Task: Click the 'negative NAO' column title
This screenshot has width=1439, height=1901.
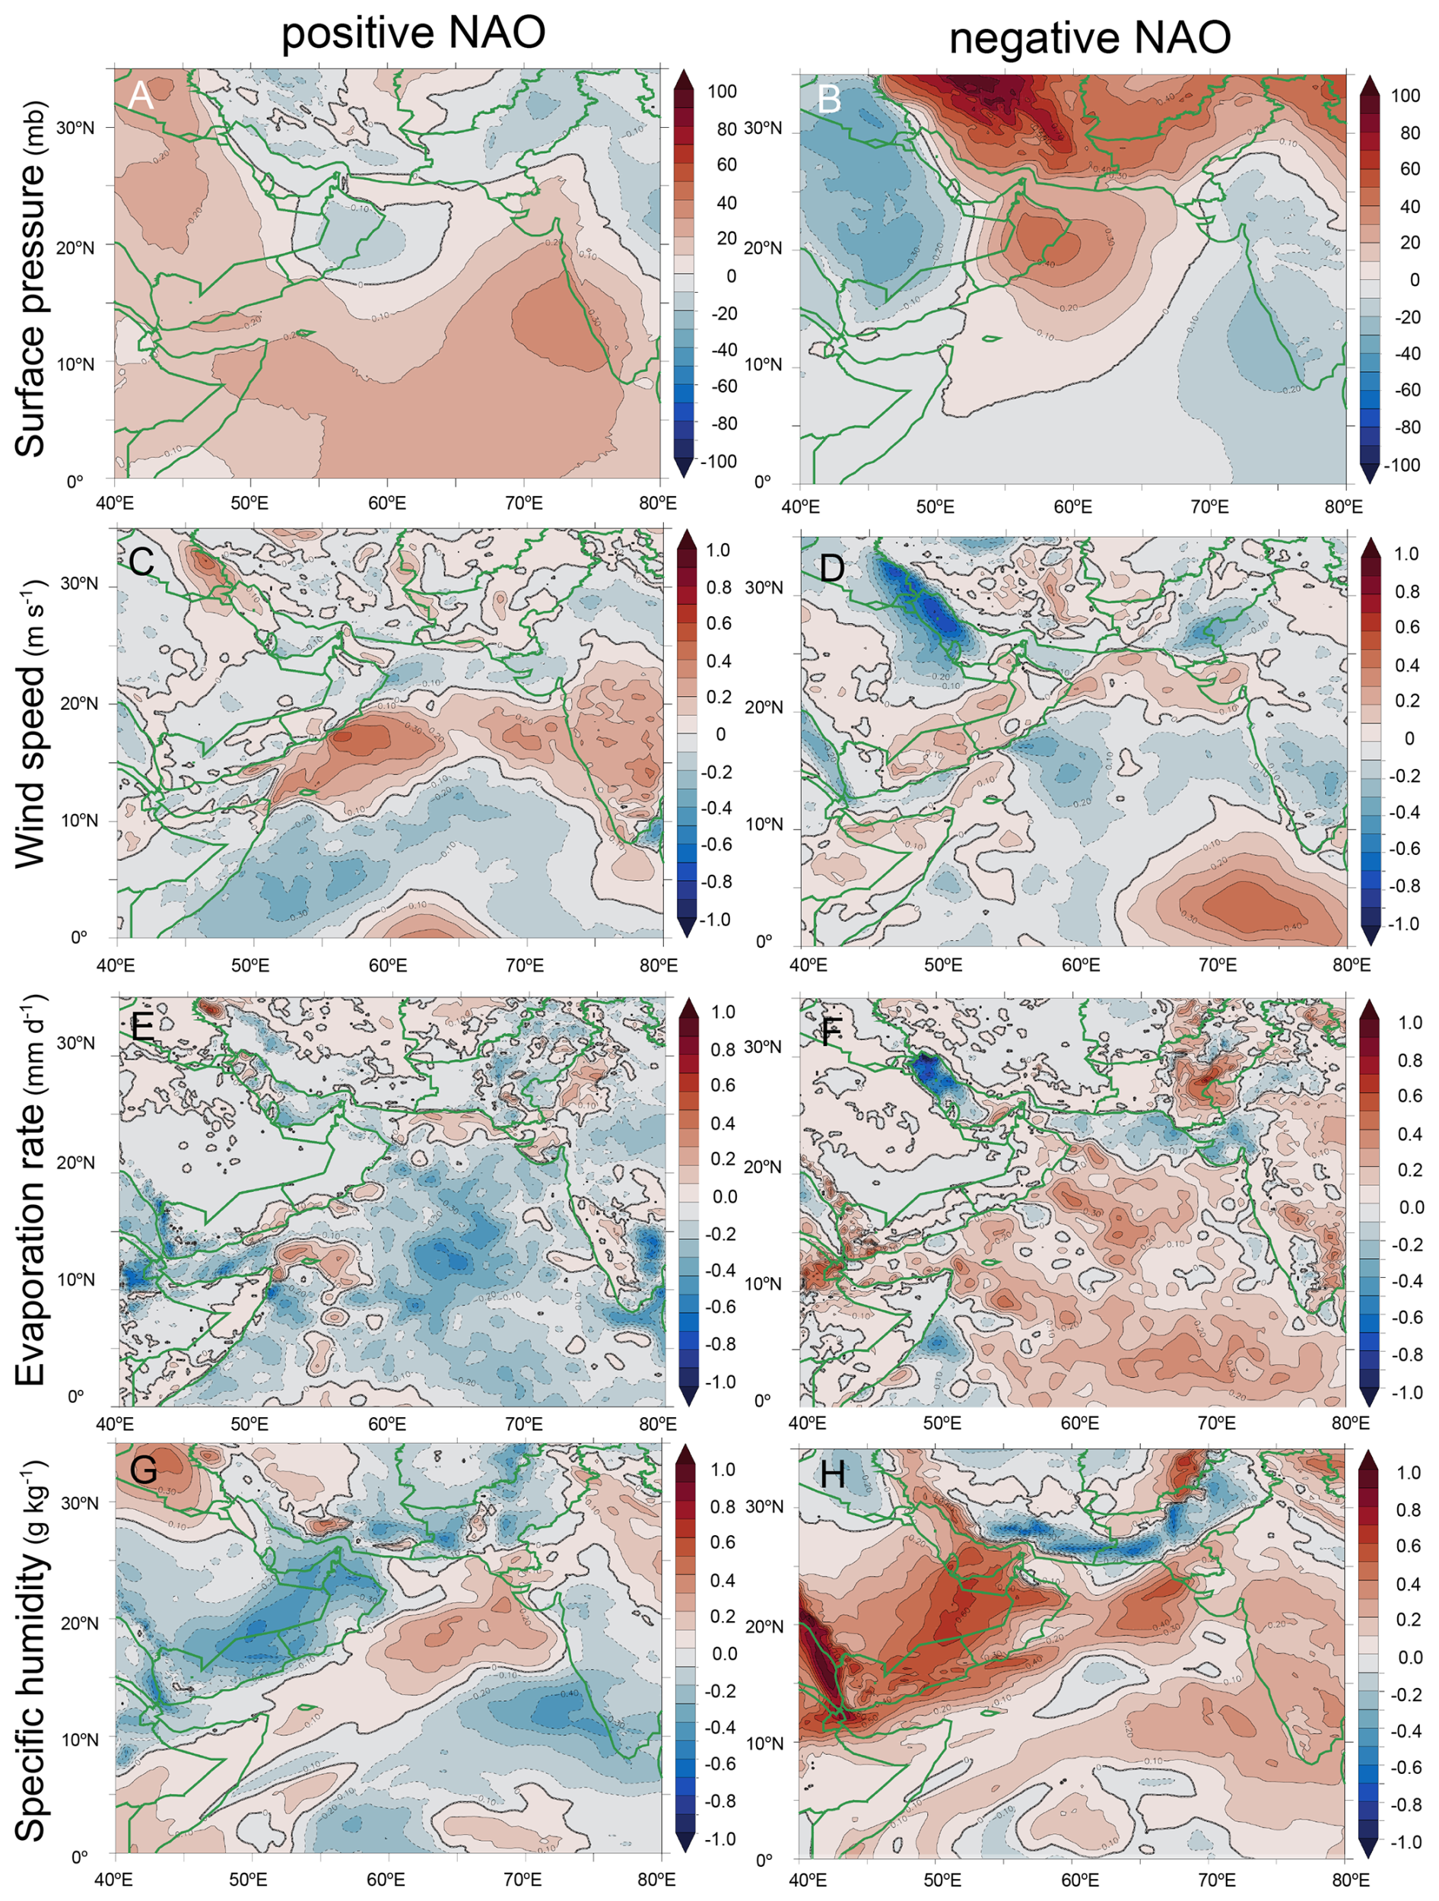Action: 1089,38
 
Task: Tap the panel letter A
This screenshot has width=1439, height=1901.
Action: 140,95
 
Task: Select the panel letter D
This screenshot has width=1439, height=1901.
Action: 831,567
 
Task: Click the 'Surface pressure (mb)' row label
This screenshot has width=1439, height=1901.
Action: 31,280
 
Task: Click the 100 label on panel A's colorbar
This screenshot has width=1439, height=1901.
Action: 723,92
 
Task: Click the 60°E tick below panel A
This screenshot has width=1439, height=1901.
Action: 386,503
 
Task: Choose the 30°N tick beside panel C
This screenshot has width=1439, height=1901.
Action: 79,584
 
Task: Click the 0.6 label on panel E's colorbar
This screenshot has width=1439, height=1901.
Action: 723,1086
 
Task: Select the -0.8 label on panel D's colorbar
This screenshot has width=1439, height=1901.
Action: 1404,886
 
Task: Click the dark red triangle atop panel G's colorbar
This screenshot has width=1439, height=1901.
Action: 685,1455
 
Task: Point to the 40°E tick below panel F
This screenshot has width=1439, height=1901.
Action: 808,1423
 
